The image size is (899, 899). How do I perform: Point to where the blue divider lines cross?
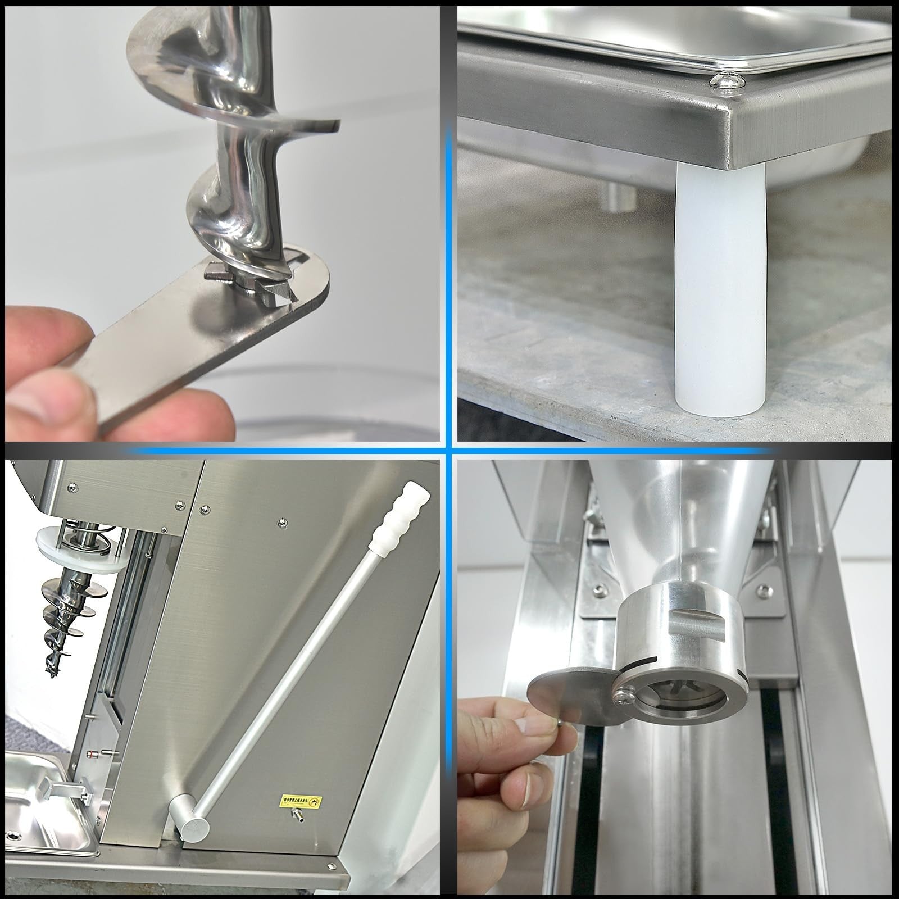449,450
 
